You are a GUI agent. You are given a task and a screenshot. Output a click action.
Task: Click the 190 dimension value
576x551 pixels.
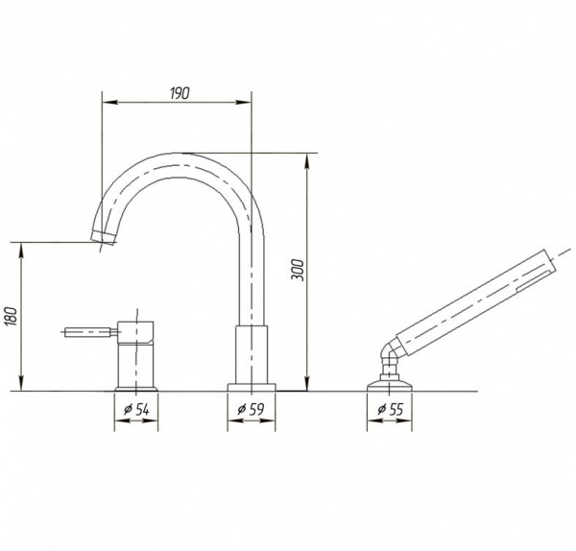point(180,93)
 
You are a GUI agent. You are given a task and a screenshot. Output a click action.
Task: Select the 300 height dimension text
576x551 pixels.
point(299,270)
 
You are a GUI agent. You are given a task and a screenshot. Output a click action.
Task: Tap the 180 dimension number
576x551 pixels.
point(12,316)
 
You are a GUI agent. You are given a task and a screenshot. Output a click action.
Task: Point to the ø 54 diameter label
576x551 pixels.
point(136,409)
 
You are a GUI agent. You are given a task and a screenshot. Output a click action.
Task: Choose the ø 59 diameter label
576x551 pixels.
point(251,409)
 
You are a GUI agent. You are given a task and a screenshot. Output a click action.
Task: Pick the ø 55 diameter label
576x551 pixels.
point(390,409)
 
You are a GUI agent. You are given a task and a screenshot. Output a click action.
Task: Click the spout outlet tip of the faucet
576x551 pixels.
point(104,237)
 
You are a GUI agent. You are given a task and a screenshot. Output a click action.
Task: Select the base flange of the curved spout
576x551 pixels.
point(252,387)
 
